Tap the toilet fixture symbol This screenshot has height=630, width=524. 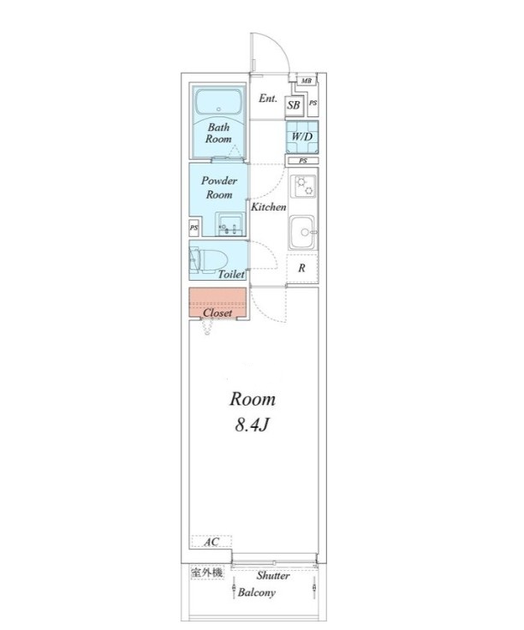click(208, 259)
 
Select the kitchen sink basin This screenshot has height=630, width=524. click(302, 232)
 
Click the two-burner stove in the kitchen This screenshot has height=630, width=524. click(304, 187)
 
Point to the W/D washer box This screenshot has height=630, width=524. click(302, 137)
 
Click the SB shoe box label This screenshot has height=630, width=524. click(294, 105)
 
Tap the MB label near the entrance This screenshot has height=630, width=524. click(307, 80)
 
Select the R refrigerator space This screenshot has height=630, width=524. click(302, 268)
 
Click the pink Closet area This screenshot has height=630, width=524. click(217, 303)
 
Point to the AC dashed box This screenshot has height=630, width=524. click(211, 542)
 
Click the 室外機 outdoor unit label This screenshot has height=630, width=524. click(206, 573)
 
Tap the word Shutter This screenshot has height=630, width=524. click(273, 575)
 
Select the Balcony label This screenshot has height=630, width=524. click(256, 592)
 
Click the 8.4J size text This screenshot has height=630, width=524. click(252, 425)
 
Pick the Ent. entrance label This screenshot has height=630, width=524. click(268, 98)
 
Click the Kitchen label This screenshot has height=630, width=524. click(269, 207)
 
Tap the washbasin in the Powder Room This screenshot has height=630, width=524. click(229, 224)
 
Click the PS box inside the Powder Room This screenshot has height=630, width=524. click(194, 228)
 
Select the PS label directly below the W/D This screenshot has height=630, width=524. click(303, 161)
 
